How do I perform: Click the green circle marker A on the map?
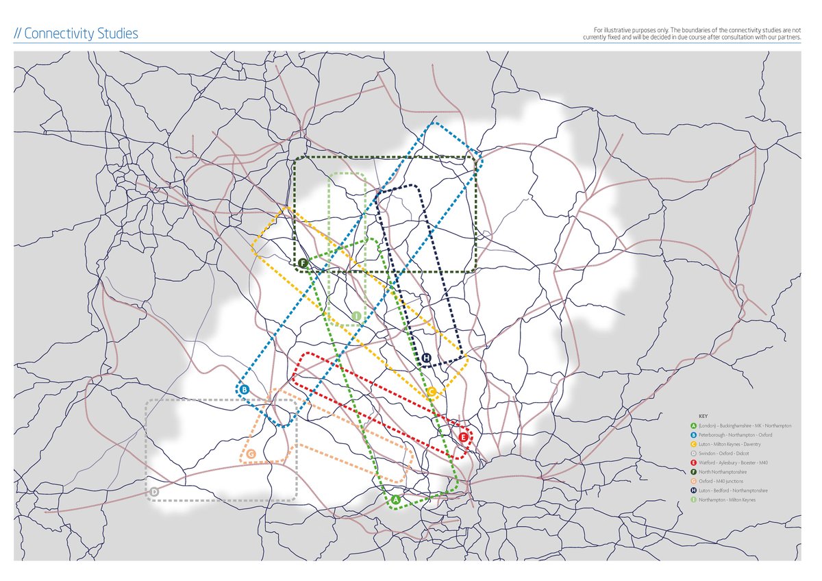[395, 500]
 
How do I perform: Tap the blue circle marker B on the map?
[245, 391]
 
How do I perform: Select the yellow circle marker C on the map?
[431, 392]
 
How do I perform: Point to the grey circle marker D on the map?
[154, 492]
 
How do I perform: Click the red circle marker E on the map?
[464, 436]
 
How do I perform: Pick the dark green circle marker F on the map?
[303, 262]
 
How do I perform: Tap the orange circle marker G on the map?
[251, 454]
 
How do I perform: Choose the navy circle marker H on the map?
[426, 358]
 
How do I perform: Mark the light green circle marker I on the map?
[356, 316]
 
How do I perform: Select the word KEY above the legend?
[703, 417]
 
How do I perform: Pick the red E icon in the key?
[694, 462]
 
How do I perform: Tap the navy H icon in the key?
[694, 491]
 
